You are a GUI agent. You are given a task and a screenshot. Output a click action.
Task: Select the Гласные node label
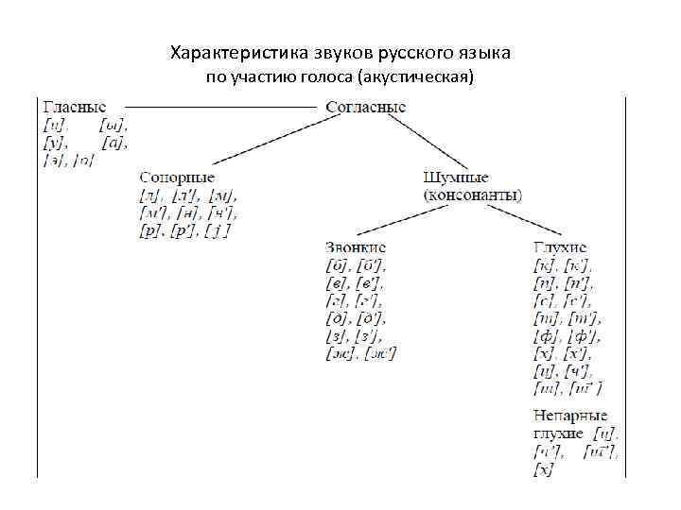[74, 108]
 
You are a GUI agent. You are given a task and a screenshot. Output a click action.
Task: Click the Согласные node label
[365, 108]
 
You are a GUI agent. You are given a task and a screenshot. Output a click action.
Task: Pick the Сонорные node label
[177, 178]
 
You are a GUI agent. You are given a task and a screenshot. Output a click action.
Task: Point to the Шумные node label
[457, 178]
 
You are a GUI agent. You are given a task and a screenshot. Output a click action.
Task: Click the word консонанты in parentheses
[472, 195]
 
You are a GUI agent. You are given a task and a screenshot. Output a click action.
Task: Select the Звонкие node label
[355, 246]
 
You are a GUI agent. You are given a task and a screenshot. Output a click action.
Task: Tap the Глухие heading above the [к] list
[560, 246]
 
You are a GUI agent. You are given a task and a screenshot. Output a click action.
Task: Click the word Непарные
[570, 416]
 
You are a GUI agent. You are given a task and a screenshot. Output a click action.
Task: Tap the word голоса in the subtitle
[316, 76]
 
